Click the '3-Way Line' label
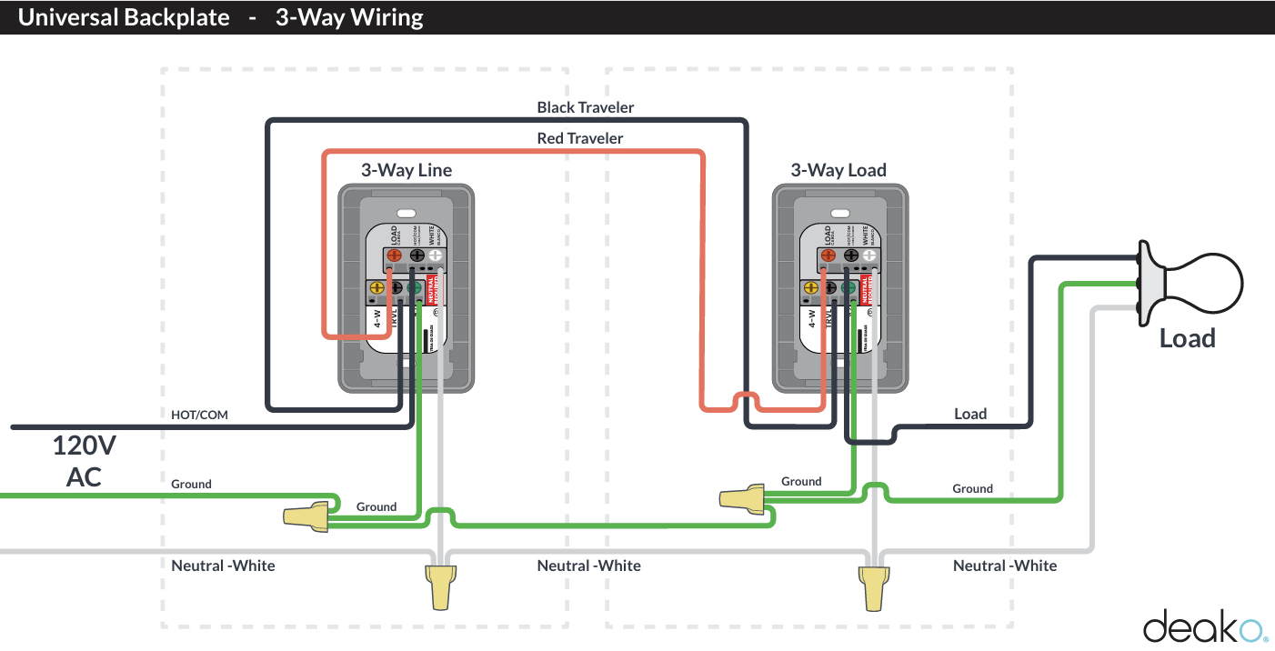click(x=406, y=170)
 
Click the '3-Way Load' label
click(x=838, y=170)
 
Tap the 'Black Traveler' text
click(x=585, y=107)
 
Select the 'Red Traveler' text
click(x=579, y=138)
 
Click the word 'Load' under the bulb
click(x=1187, y=339)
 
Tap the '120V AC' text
click(x=84, y=460)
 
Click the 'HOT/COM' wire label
click(x=199, y=415)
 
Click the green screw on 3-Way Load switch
click(x=848, y=289)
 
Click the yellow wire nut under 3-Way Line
click(x=440, y=587)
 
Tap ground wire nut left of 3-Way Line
click(x=306, y=516)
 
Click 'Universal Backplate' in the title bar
click(x=124, y=17)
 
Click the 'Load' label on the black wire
click(x=969, y=414)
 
